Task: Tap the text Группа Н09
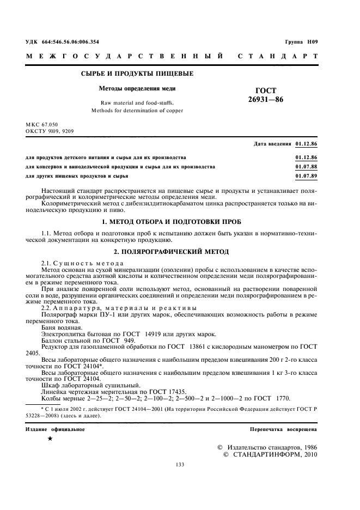[x=301, y=41]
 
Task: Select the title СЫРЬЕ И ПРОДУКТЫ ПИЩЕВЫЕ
[x=137, y=74]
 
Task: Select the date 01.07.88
[x=306, y=167]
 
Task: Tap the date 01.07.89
[x=306, y=177]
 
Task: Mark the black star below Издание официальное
[x=50, y=439]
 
